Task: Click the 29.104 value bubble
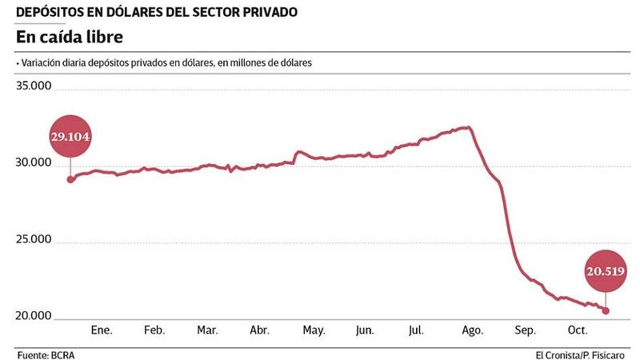coord(70,137)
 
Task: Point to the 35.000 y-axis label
coord(34,86)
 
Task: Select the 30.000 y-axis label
coord(34,163)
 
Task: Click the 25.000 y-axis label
coord(34,240)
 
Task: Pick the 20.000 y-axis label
coord(34,317)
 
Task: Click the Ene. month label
coord(102,330)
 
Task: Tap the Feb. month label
coord(154,330)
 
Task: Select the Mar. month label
coord(207,330)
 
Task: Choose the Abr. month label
coord(259,330)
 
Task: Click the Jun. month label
coord(364,330)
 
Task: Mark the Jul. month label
coord(416,330)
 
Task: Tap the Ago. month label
coord(472,330)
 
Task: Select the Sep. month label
coord(525,330)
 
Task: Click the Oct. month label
coord(578,330)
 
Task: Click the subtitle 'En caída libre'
coord(70,38)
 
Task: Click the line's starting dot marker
coord(70,179)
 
